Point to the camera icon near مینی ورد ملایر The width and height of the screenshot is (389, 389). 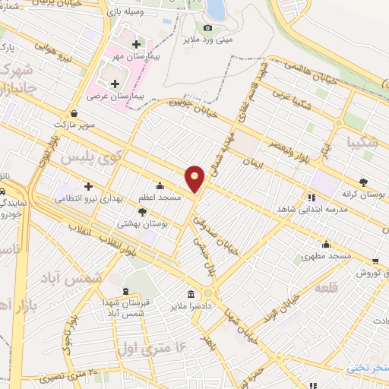click(x=208, y=28)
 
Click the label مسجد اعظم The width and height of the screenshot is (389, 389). click(x=159, y=197)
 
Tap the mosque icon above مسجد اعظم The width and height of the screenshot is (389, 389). click(x=159, y=185)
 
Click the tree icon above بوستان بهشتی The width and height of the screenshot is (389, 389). click(x=142, y=213)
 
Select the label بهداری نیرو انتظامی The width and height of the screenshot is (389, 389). click(x=84, y=198)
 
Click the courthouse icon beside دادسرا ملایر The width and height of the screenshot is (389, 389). click(x=190, y=293)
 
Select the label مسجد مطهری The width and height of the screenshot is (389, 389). click(x=327, y=256)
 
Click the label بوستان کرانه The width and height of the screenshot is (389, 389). click(x=362, y=194)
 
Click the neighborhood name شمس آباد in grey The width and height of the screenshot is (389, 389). click(x=84, y=279)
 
